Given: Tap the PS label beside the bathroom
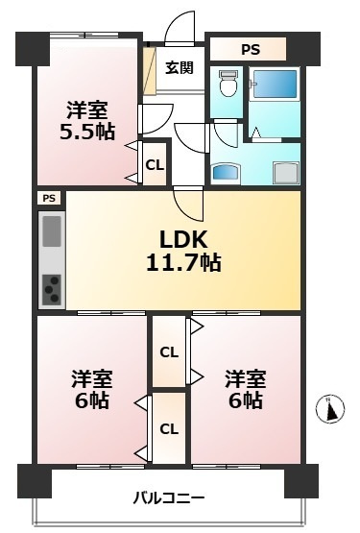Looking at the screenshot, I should (250, 48).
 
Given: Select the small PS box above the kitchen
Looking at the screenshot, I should (48, 198).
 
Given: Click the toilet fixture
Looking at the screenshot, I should (226, 87).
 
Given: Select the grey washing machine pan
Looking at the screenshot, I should (284, 170).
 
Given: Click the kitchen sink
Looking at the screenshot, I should (52, 231).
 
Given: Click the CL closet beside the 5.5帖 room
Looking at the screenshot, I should (154, 164).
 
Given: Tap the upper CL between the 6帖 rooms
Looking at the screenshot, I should (168, 352).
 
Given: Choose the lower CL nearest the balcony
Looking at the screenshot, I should (168, 428).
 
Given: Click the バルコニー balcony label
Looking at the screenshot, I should (169, 497).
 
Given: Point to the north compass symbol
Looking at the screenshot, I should (329, 410).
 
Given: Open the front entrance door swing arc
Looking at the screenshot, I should (178, 27).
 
